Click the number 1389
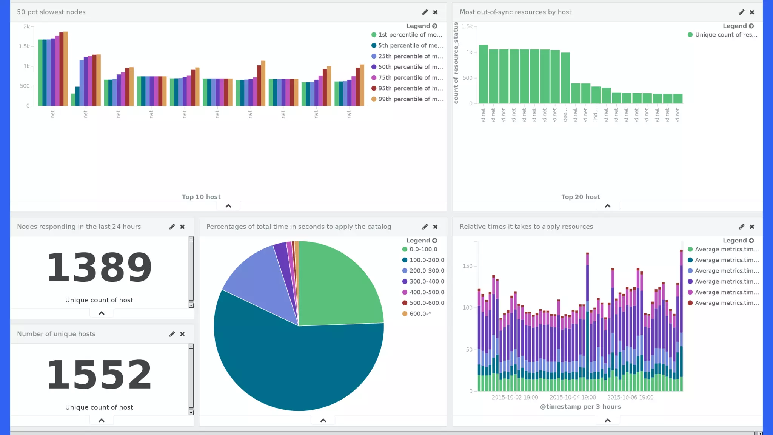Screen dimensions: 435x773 [99, 267]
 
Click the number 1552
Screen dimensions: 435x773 [99, 375]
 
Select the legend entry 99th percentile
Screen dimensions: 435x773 [410, 99]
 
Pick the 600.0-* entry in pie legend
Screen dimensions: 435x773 [420, 314]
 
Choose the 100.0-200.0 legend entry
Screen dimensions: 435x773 [427, 260]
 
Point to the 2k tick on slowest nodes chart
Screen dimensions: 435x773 [26, 26]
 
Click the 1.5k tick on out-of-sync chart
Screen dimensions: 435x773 [467, 26]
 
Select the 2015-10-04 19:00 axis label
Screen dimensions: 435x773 [573, 397]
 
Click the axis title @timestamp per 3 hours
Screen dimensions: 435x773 [580, 407]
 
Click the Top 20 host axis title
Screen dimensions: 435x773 [580, 197]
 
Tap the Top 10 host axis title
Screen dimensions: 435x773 [201, 197]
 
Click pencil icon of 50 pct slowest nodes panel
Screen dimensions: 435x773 [425, 12]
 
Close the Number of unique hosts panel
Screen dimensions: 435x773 [182, 334]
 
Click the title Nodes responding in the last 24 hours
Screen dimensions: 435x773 [79, 227]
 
